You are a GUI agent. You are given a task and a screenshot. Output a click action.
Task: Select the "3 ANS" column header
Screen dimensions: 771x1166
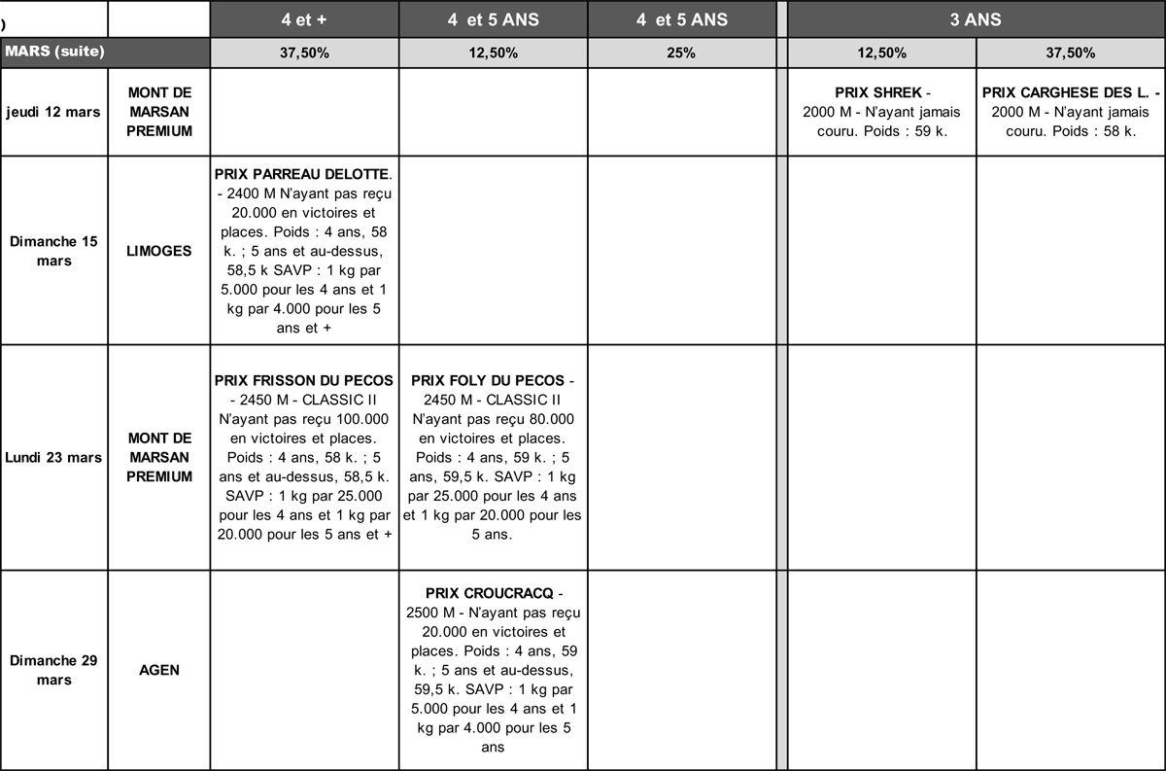tap(976, 19)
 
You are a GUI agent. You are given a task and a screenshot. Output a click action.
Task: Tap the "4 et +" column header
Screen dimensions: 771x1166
tap(304, 19)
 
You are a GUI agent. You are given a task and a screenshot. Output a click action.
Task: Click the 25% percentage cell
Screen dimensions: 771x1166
tap(681, 53)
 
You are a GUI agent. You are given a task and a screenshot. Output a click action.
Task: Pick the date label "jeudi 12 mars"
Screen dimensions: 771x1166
tap(54, 112)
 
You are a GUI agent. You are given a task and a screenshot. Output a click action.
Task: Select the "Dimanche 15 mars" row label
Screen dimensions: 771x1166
tap(54, 251)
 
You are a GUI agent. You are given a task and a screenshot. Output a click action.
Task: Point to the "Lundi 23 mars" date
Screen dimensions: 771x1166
tap(54, 457)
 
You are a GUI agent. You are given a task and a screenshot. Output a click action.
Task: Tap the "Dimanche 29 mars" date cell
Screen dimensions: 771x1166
tap(54, 670)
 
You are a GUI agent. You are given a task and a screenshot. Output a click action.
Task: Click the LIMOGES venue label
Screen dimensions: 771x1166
tap(159, 251)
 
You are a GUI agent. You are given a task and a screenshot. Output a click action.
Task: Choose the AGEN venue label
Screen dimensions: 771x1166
tap(159, 670)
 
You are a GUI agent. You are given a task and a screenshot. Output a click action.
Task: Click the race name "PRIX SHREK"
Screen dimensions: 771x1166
tap(877, 93)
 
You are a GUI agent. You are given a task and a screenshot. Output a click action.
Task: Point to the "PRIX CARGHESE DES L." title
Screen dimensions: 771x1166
tap(1066, 93)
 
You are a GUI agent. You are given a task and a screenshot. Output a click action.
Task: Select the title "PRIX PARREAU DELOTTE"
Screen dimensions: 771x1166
tap(301, 175)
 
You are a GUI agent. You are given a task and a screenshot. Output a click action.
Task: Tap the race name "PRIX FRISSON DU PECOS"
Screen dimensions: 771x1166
tap(304, 379)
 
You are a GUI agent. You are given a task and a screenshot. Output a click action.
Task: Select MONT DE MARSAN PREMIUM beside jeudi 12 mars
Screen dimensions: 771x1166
tap(159, 112)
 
